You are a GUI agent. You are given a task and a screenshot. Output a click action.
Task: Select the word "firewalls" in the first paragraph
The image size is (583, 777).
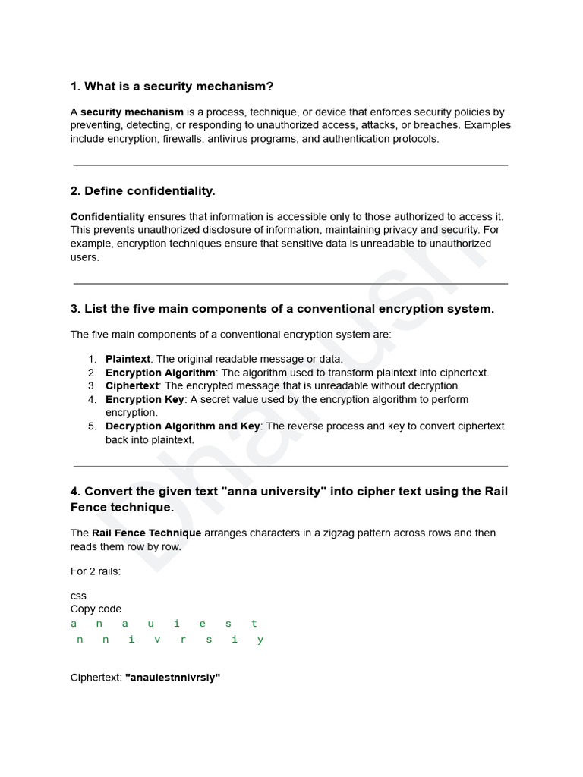184,139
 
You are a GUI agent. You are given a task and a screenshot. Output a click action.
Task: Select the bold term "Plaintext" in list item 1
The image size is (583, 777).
128,359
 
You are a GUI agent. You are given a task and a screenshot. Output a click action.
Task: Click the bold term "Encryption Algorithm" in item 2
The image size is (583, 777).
160,373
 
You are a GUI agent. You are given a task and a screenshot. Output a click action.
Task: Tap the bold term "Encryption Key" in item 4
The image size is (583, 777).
144,399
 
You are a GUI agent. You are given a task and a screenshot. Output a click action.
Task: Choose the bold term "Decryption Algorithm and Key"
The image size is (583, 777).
182,426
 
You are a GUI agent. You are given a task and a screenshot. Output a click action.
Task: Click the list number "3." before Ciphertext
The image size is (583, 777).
92,386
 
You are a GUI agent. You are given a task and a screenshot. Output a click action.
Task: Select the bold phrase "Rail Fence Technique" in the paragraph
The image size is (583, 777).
147,533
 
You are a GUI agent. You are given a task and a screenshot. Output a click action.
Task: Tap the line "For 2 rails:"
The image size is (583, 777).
96,571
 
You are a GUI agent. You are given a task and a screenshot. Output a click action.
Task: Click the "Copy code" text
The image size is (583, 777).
96,609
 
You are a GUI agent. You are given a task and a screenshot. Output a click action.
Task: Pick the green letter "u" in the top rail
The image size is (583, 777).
150,624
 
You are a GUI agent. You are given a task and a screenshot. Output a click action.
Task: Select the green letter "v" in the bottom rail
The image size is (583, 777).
157,640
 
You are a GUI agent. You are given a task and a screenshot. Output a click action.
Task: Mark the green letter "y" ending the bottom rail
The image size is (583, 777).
260,640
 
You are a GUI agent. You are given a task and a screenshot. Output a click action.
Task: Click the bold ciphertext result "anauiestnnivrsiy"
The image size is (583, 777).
172,678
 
